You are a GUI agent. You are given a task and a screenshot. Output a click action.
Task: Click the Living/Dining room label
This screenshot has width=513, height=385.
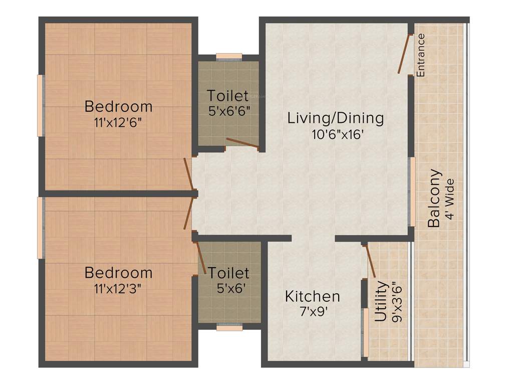pyautogui.click(x=336, y=119)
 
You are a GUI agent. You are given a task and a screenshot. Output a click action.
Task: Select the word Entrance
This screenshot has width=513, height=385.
pyautogui.click(x=421, y=55)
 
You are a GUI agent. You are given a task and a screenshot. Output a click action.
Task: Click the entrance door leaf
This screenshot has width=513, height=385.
pyautogui.click(x=404, y=54)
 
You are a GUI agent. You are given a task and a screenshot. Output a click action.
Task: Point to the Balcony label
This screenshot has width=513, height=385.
pyautogui.click(x=435, y=199)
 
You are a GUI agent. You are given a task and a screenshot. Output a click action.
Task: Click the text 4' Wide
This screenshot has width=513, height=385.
pyautogui.click(x=450, y=199)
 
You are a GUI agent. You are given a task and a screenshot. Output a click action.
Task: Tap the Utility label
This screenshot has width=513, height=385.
pyautogui.click(x=381, y=301)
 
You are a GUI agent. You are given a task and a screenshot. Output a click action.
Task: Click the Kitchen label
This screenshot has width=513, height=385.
pyautogui.click(x=313, y=296)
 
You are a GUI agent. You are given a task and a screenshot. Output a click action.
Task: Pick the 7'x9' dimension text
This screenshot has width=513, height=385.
pyautogui.click(x=313, y=311)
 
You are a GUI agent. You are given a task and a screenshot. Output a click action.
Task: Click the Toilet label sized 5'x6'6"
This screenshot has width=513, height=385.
pyautogui.click(x=228, y=95)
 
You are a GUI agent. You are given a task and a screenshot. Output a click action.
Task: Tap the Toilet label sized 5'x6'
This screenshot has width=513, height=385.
pyautogui.click(x=229, y=273)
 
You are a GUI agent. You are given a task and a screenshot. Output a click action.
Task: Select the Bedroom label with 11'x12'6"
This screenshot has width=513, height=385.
pyautogui.click(x=118, y=106)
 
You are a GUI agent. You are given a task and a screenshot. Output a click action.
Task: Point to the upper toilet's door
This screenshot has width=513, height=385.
pyautogui.click(x=242, y=143)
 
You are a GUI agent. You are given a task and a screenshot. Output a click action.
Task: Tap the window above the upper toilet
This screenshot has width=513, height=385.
pyautogui.click(x=229, y=56)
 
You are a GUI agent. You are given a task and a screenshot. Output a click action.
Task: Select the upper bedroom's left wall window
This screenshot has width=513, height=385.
pyautogui.click(x=41, y=105)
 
